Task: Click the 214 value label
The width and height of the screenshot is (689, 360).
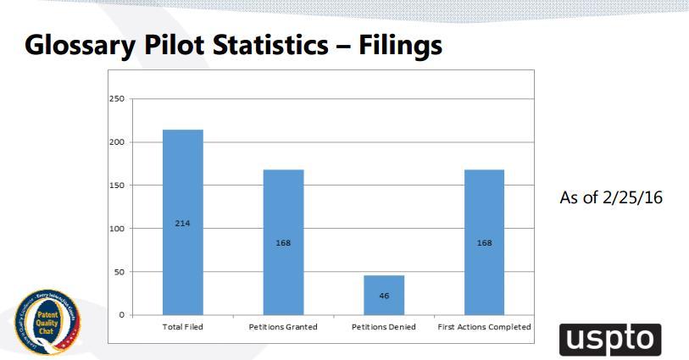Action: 182,224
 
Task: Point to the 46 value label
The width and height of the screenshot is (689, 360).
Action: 384,296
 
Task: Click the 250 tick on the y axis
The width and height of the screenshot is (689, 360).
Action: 118,99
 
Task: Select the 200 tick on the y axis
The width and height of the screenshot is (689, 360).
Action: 118,142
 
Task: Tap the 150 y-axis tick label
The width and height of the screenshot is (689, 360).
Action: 118,186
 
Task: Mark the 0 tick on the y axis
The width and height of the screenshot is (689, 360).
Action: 121,315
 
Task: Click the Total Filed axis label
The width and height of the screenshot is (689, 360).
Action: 182,327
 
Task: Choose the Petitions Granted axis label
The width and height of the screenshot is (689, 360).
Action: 283,327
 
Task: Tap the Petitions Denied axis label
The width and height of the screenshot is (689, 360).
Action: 384,327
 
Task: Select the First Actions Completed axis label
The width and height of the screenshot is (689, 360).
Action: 484,327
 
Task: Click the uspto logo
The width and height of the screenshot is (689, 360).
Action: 609,338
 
